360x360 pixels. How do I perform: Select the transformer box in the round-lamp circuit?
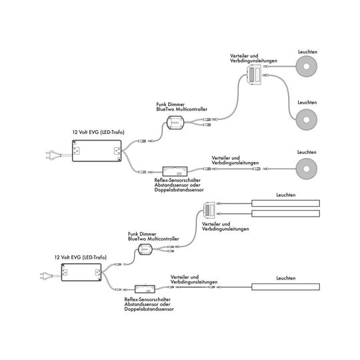tap(97, 151)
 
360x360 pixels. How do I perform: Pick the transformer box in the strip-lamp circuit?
tap(81, 272)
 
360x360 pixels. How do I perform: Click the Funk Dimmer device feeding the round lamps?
tap(175, 123)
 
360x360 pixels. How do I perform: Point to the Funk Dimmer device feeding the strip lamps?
tap(145, 249)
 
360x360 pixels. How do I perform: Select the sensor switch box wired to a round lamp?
tap(175, 171)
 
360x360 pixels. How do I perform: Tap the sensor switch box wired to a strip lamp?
tap(145, 289)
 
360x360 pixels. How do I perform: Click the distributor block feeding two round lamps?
tap(254, 75)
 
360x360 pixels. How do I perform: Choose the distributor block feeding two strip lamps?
tap(209, 210)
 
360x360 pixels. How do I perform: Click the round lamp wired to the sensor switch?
tap(307, 169)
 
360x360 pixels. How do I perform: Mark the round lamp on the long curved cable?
tap(307, 119)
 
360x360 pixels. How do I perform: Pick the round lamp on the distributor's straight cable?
tap(307, 67)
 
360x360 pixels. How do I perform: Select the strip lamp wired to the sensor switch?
tap(285, 287)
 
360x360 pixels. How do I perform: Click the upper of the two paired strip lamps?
tap(285, 203)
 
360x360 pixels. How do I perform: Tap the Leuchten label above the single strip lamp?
tap(286, 278)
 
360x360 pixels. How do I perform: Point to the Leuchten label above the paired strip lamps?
tap(286, 195)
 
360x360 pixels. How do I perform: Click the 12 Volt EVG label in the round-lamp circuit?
tap(98, 132)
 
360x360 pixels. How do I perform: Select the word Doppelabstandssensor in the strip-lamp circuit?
tap(149, 309)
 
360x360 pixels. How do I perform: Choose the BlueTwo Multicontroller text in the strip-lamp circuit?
tap(153, 239)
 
